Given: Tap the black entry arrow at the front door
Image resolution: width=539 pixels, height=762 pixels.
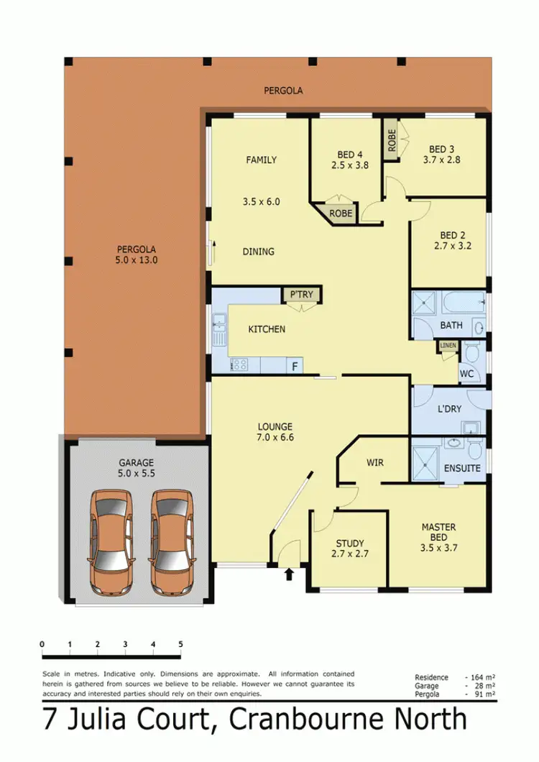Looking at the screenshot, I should click(x=289, y=574).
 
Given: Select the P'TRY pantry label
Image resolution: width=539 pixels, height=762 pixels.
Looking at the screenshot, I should click(x=301, y=294).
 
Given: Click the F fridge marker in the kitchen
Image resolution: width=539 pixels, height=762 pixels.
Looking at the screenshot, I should click(x=294, y=366).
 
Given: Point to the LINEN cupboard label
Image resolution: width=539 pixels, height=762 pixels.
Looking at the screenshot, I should click(x=448, y=346).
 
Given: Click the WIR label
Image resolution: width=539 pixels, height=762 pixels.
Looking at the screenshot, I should click(x=375, y=462).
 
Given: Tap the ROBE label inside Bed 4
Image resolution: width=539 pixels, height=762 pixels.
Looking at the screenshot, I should click(x=341, y=214).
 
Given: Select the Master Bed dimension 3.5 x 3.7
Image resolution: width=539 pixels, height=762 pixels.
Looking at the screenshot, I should click(x=438, y=547).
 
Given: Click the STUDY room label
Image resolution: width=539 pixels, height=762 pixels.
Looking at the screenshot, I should click(x=350, y=543).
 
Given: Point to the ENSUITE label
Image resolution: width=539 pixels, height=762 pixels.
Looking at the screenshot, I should click(x=461, y=468).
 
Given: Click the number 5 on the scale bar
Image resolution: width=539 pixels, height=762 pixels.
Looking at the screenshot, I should click(x=180, y=643).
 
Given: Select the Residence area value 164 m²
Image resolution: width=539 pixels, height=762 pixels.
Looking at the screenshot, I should click(x=484, y=678).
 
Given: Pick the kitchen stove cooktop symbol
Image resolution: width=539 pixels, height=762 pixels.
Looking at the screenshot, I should click(x=239, y=365).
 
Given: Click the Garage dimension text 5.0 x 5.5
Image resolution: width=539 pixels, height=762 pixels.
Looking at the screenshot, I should click(x=136, y=475).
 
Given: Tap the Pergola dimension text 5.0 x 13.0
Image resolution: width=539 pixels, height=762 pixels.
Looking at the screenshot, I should click(x=136, y=260).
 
